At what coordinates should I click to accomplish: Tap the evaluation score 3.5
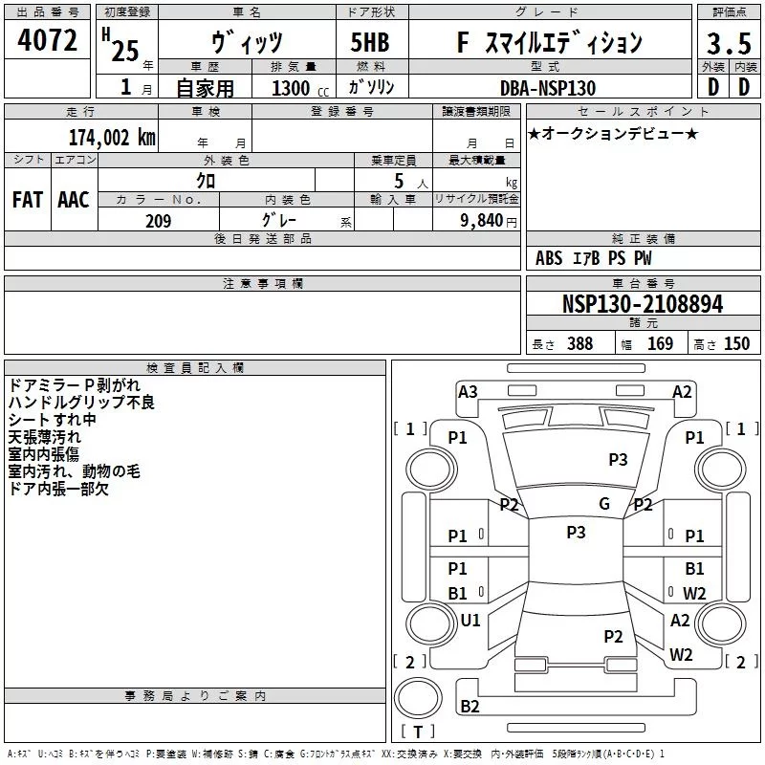point(728,43)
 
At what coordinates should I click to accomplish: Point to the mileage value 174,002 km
point(112,137)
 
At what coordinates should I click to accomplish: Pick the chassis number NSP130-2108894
point(643,304)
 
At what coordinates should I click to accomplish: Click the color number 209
point(158,221)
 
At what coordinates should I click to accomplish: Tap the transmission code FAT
point(27,200)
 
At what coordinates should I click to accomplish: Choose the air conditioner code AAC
point(74,200)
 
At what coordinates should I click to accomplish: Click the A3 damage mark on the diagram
point(468,391)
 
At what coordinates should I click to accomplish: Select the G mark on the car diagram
point(604,504)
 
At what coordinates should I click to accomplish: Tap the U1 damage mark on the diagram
point(470,621)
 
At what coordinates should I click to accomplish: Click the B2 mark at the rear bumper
point(470,707)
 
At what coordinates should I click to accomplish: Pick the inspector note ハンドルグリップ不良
point(81,403)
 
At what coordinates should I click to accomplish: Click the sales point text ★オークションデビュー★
point(612,134)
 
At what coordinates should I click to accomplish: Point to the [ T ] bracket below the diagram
point(418,732)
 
